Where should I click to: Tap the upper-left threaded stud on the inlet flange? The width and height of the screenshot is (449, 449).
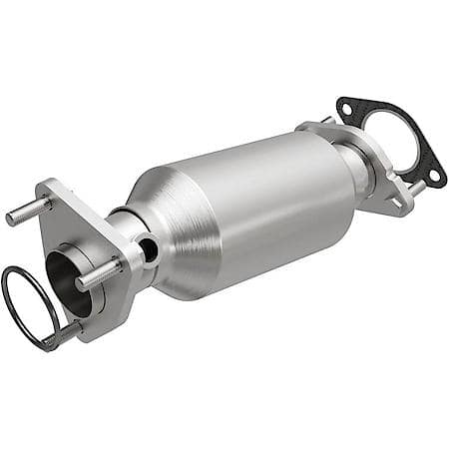pyautogui.click(x=21, y=214)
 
